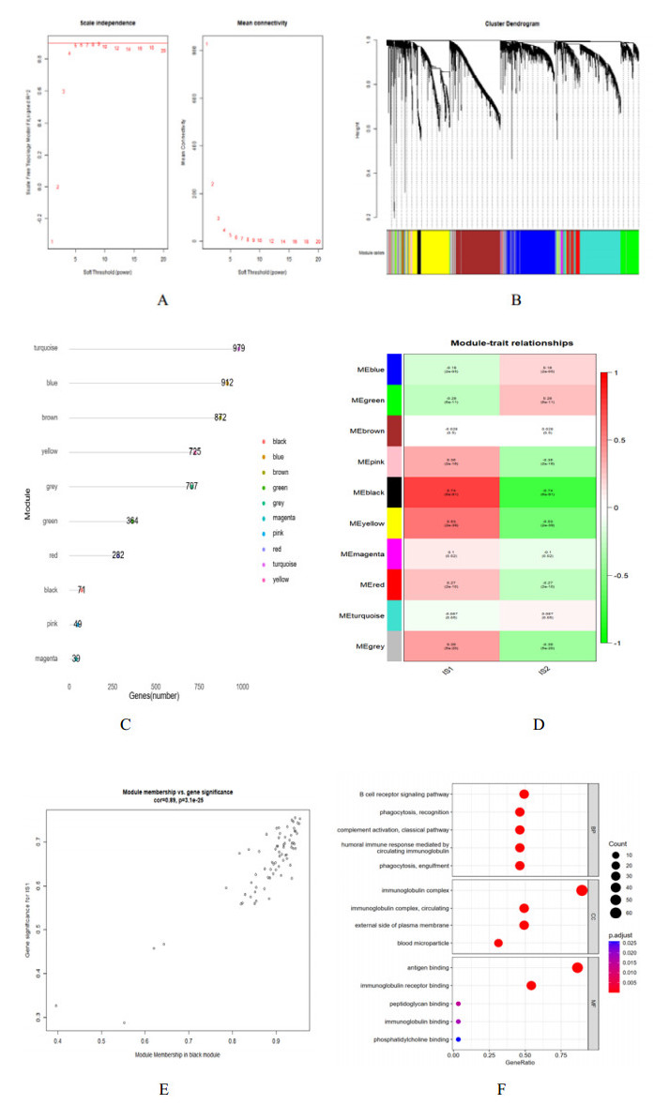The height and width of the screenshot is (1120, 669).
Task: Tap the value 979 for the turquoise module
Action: [239, 348]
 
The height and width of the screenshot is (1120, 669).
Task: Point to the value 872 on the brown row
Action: [220, 416]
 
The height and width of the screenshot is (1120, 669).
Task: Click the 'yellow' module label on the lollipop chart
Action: [50, 451]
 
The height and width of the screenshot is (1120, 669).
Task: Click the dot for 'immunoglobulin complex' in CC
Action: [582, 890]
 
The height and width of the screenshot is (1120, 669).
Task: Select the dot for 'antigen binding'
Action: [577, 967]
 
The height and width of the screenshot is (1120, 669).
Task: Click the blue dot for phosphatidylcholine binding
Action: [459, 1038]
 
